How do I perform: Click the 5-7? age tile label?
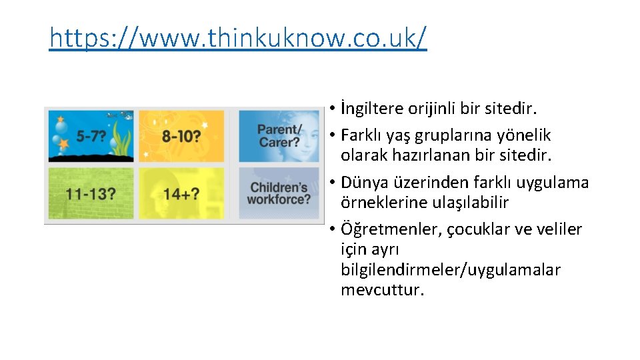(91, 136)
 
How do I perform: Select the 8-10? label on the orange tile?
(181, 136)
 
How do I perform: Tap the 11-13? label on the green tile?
(91, 195)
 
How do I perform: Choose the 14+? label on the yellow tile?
(180, 195)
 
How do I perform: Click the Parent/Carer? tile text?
(279, 135)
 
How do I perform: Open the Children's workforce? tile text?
(279, 193)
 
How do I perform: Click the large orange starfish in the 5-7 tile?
(64, 143)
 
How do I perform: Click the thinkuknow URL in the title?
(237, 39)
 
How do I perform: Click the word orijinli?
(433, 108)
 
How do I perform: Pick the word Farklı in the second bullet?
(361, 135)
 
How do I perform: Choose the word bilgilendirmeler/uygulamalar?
(450, 270)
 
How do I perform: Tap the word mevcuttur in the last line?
(382, 290)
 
